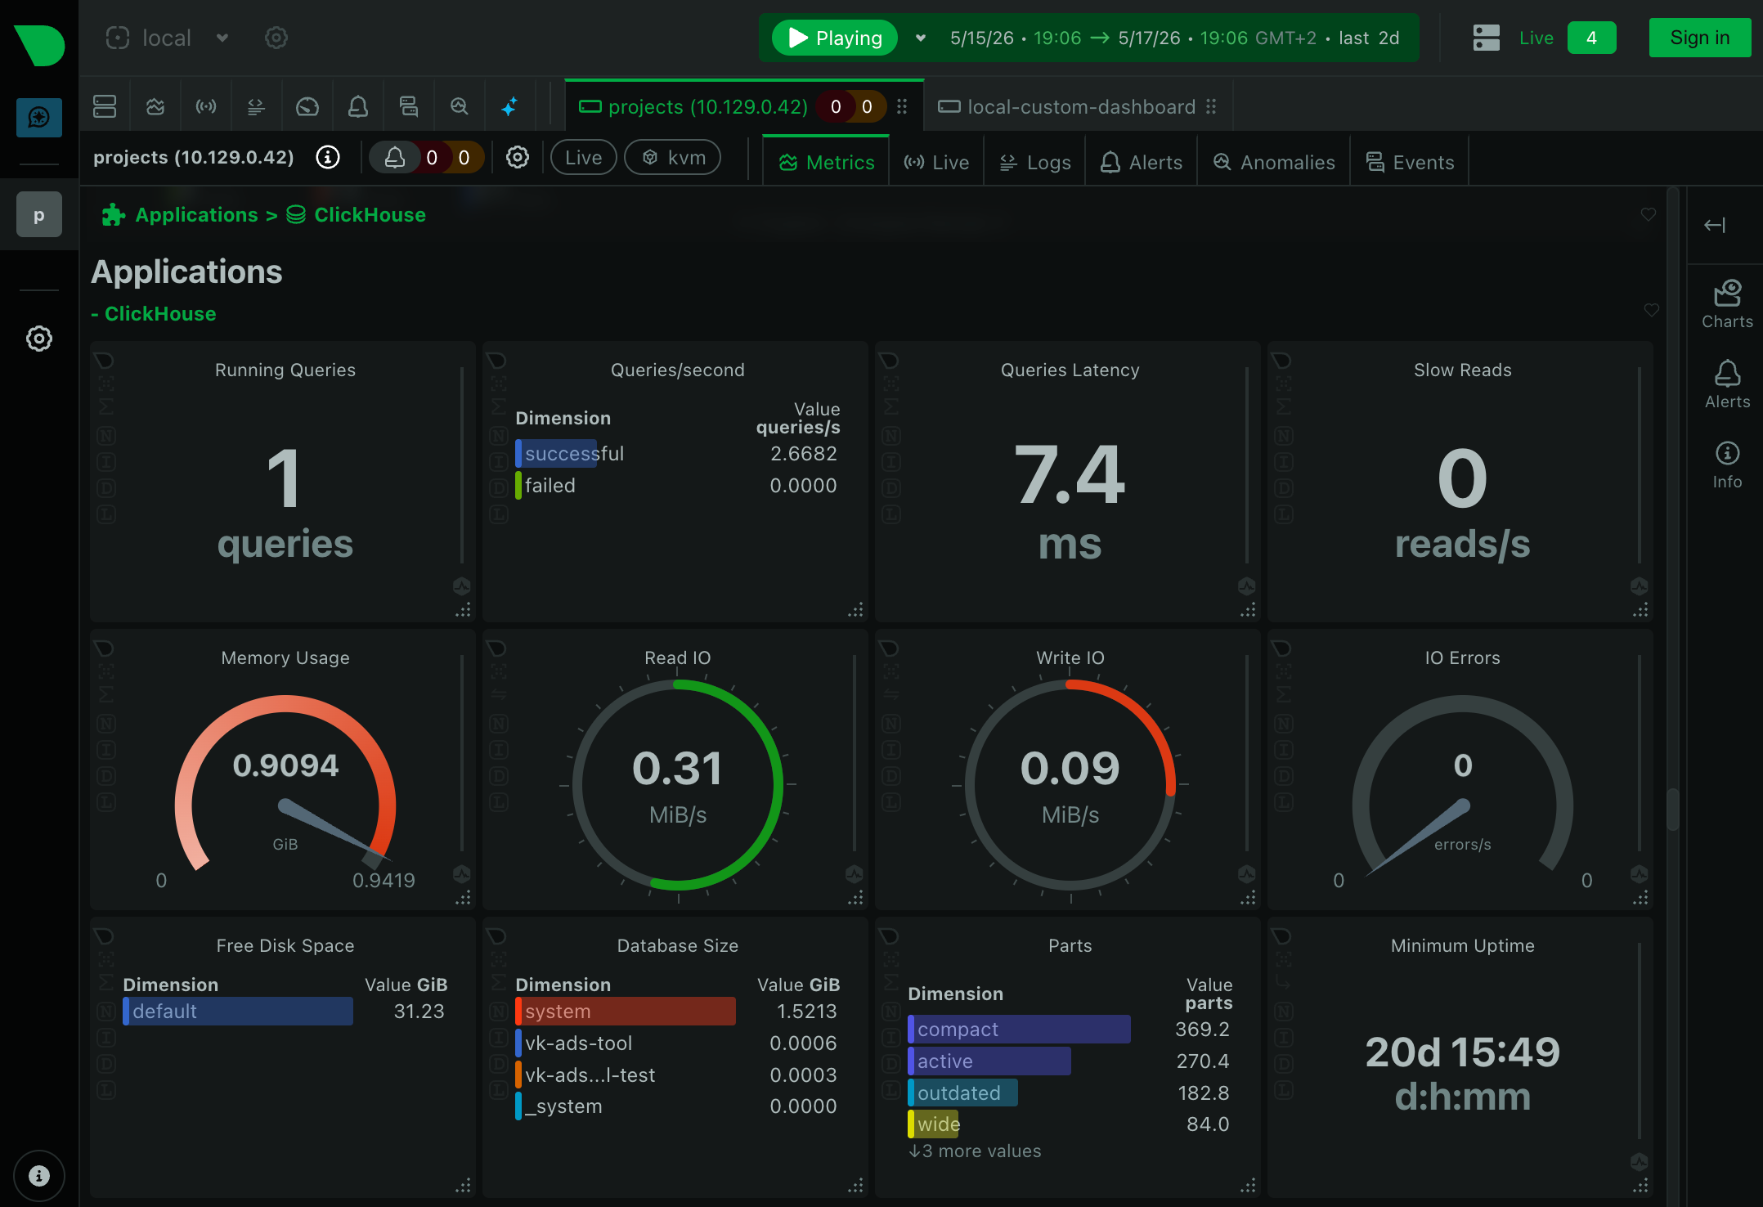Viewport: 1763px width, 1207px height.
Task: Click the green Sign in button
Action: coord(1699,38)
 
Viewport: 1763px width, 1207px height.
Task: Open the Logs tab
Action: coord(1034,162)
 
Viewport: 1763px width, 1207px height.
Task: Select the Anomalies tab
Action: coord(1274,162)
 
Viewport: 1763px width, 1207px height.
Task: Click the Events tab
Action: coord(1410,162)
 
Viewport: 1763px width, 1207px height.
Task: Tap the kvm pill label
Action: coord(673,157)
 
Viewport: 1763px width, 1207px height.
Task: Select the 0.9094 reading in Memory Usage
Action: coord(285,765)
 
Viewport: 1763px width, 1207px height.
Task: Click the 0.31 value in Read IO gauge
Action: coord(677,769)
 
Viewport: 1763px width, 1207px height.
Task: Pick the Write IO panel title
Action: coord(1070,657)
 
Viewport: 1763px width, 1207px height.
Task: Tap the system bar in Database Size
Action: coord(626,1012)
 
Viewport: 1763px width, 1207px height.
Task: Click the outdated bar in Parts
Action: coord(962,1093)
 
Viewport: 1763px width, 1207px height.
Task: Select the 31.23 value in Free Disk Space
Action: coord(419,1012)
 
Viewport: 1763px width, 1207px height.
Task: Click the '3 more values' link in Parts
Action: coord(975,1151)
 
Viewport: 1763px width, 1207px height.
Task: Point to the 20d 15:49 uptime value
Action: coord(1462,1052)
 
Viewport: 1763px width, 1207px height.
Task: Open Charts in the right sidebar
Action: coord(1727,304)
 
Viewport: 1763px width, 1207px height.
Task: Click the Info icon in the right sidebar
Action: coord(1727,454)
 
